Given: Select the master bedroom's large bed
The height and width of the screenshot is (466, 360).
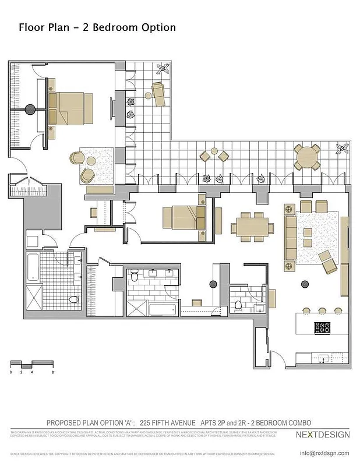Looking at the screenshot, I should point(70,108).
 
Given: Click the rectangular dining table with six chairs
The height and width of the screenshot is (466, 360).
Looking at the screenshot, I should point(253,227).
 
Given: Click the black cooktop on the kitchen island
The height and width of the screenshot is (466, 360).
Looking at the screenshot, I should point(323,327).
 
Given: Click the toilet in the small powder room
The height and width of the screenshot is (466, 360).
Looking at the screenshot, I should point(238,305).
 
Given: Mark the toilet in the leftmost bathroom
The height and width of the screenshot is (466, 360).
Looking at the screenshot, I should point(72,299).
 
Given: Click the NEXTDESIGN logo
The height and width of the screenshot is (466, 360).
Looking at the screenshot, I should point(323,435).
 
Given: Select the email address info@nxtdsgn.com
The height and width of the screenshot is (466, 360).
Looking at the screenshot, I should point(324,453).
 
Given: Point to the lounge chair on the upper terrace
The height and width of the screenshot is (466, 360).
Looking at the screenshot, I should point(159,93).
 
